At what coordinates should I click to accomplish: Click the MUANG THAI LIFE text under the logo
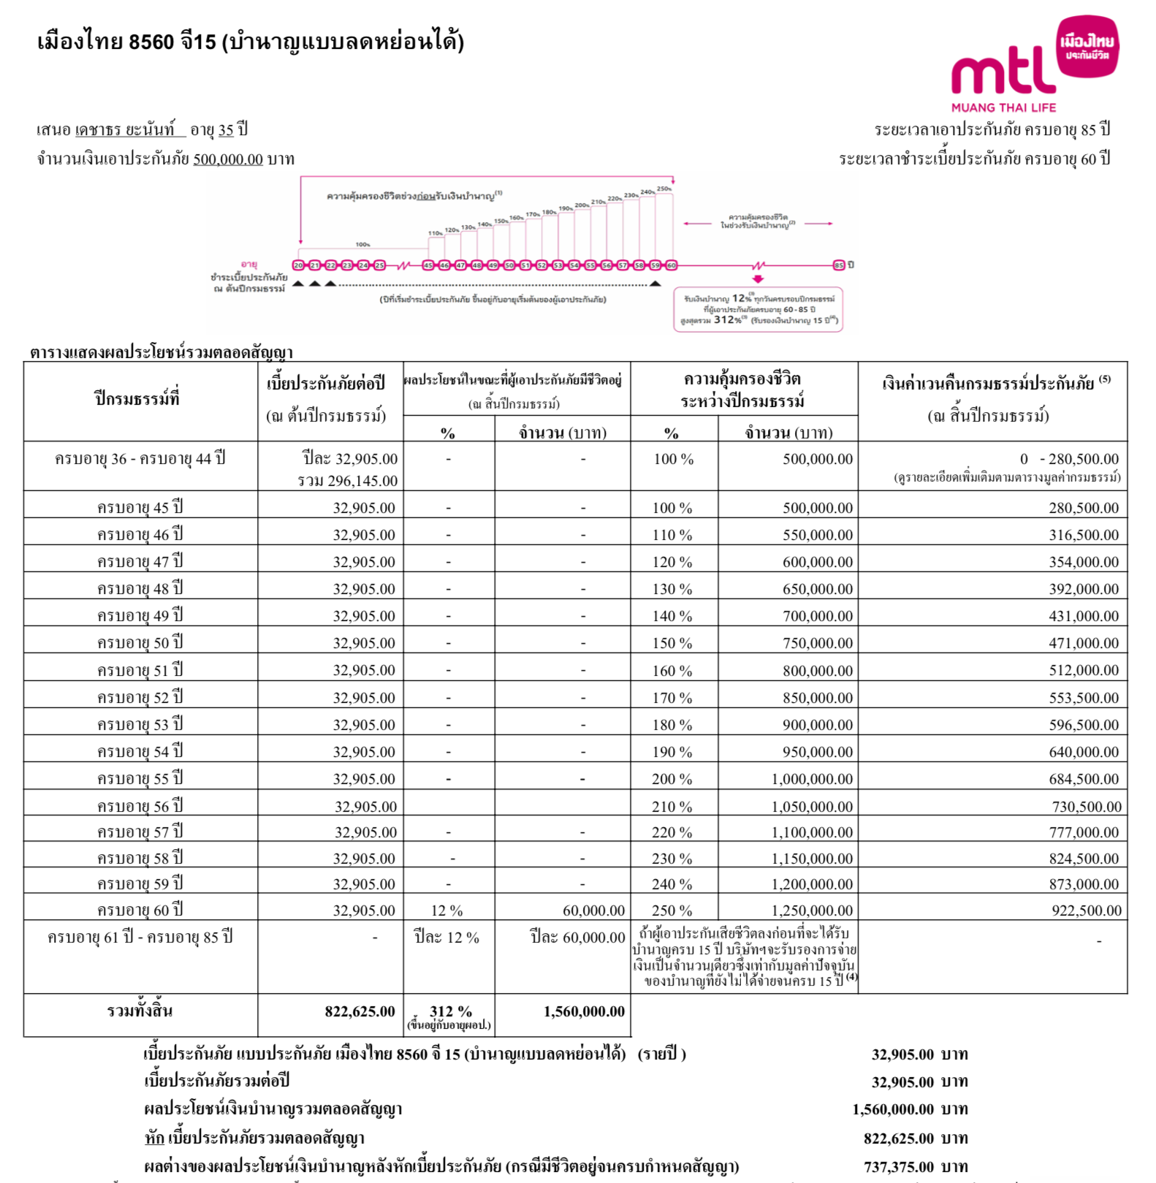1003,107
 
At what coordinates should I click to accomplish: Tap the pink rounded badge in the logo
1088,47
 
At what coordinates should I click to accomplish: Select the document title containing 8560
250,42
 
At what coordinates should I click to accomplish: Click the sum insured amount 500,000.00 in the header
227,159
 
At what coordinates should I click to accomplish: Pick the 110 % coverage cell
672,535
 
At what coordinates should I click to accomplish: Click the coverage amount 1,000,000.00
811,779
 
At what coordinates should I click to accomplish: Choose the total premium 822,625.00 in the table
360,1011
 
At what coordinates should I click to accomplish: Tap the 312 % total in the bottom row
450,1011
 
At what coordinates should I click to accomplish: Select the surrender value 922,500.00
1086,910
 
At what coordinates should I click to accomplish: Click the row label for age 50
140,643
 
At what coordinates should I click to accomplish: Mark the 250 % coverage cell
672,910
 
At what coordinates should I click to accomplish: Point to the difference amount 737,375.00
898,1167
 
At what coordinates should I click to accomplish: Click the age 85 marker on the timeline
839,265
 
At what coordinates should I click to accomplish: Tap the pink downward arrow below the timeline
758,279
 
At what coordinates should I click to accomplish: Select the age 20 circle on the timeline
298,265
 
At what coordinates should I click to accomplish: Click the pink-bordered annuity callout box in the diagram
758,310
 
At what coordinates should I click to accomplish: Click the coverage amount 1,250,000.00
811,910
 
